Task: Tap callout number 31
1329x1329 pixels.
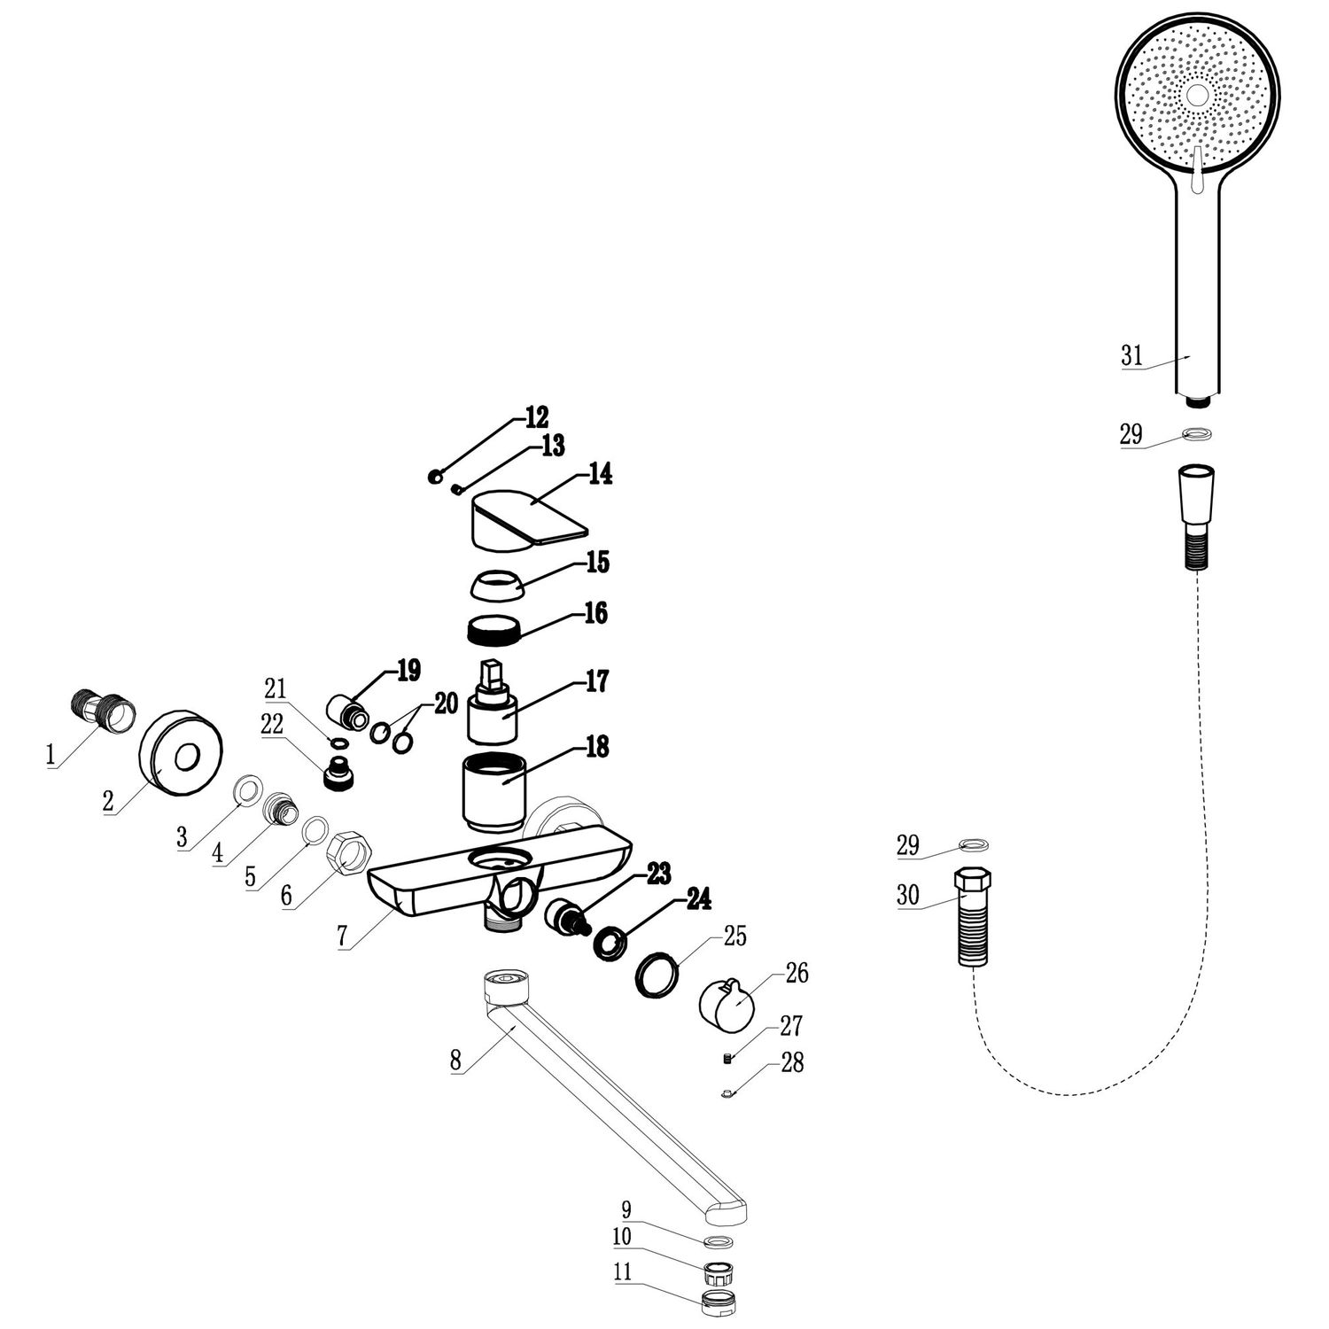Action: [1131, 356]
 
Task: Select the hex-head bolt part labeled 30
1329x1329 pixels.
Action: [972, 917]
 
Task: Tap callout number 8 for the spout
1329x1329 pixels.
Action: [455, 1059]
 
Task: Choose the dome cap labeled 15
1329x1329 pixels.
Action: [493, 584]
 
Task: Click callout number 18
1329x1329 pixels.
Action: [597, 747]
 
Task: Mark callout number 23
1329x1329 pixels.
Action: [658, 874]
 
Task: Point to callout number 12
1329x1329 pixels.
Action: [536, 416]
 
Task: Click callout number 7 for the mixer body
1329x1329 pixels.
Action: [342, 937]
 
